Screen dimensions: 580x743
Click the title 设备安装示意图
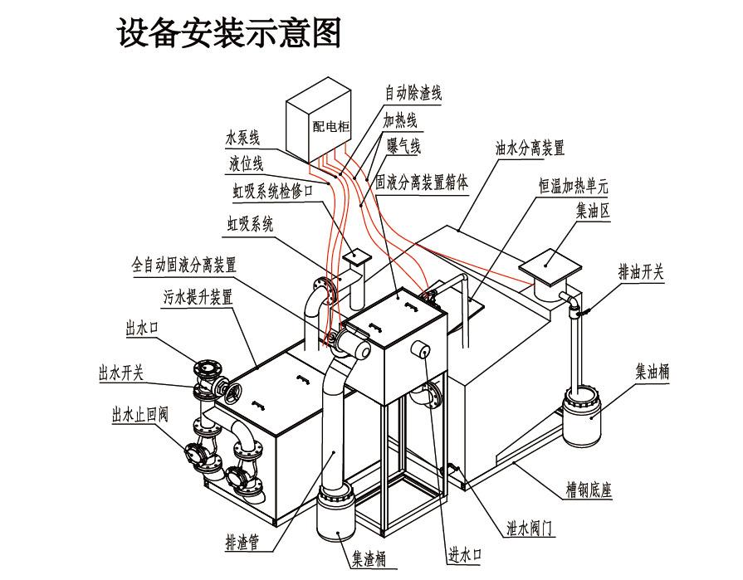coord(229,34)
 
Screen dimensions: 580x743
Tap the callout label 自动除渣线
coord(413,92)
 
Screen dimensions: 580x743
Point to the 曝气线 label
coord(403,147)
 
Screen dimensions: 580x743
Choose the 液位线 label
coord(246,163)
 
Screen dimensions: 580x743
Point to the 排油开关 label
coord(641,271)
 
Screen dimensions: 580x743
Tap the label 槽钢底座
coord(589,490)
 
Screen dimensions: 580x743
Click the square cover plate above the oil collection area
coord(549,265)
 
